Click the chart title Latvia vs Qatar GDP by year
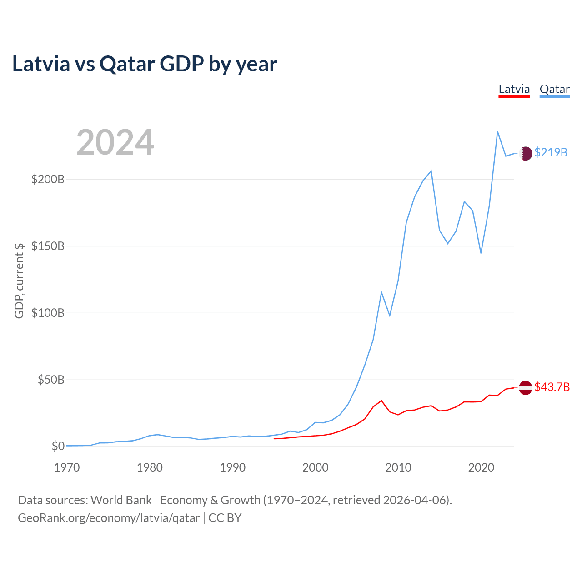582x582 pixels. coord(145,64)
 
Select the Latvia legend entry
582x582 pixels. coord(514,89)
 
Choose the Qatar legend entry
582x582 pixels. coord(555,89)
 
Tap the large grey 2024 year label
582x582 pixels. coord(115,142)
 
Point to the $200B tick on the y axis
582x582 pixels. coord(48,179)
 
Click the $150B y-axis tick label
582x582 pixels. coord(48,246)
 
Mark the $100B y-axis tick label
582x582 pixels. coord(48,313)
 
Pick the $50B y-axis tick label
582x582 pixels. coord(51,380)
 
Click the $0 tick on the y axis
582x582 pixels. coord(58,446)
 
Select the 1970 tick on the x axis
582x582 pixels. coord(67,467)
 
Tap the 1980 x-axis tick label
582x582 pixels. coord(150,467)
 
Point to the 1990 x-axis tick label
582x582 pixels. coord(233,467)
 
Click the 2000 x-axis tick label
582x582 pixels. coord(316,467)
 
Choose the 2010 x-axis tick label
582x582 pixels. coord(398,467)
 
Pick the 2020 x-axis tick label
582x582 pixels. coord(481,467)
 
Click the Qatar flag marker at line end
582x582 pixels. coord(526,153)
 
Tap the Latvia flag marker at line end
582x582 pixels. coord(526,387)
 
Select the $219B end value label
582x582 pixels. coord(551,152)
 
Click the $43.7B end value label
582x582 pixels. coord(552,387)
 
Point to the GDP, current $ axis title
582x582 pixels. coord(19,281)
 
